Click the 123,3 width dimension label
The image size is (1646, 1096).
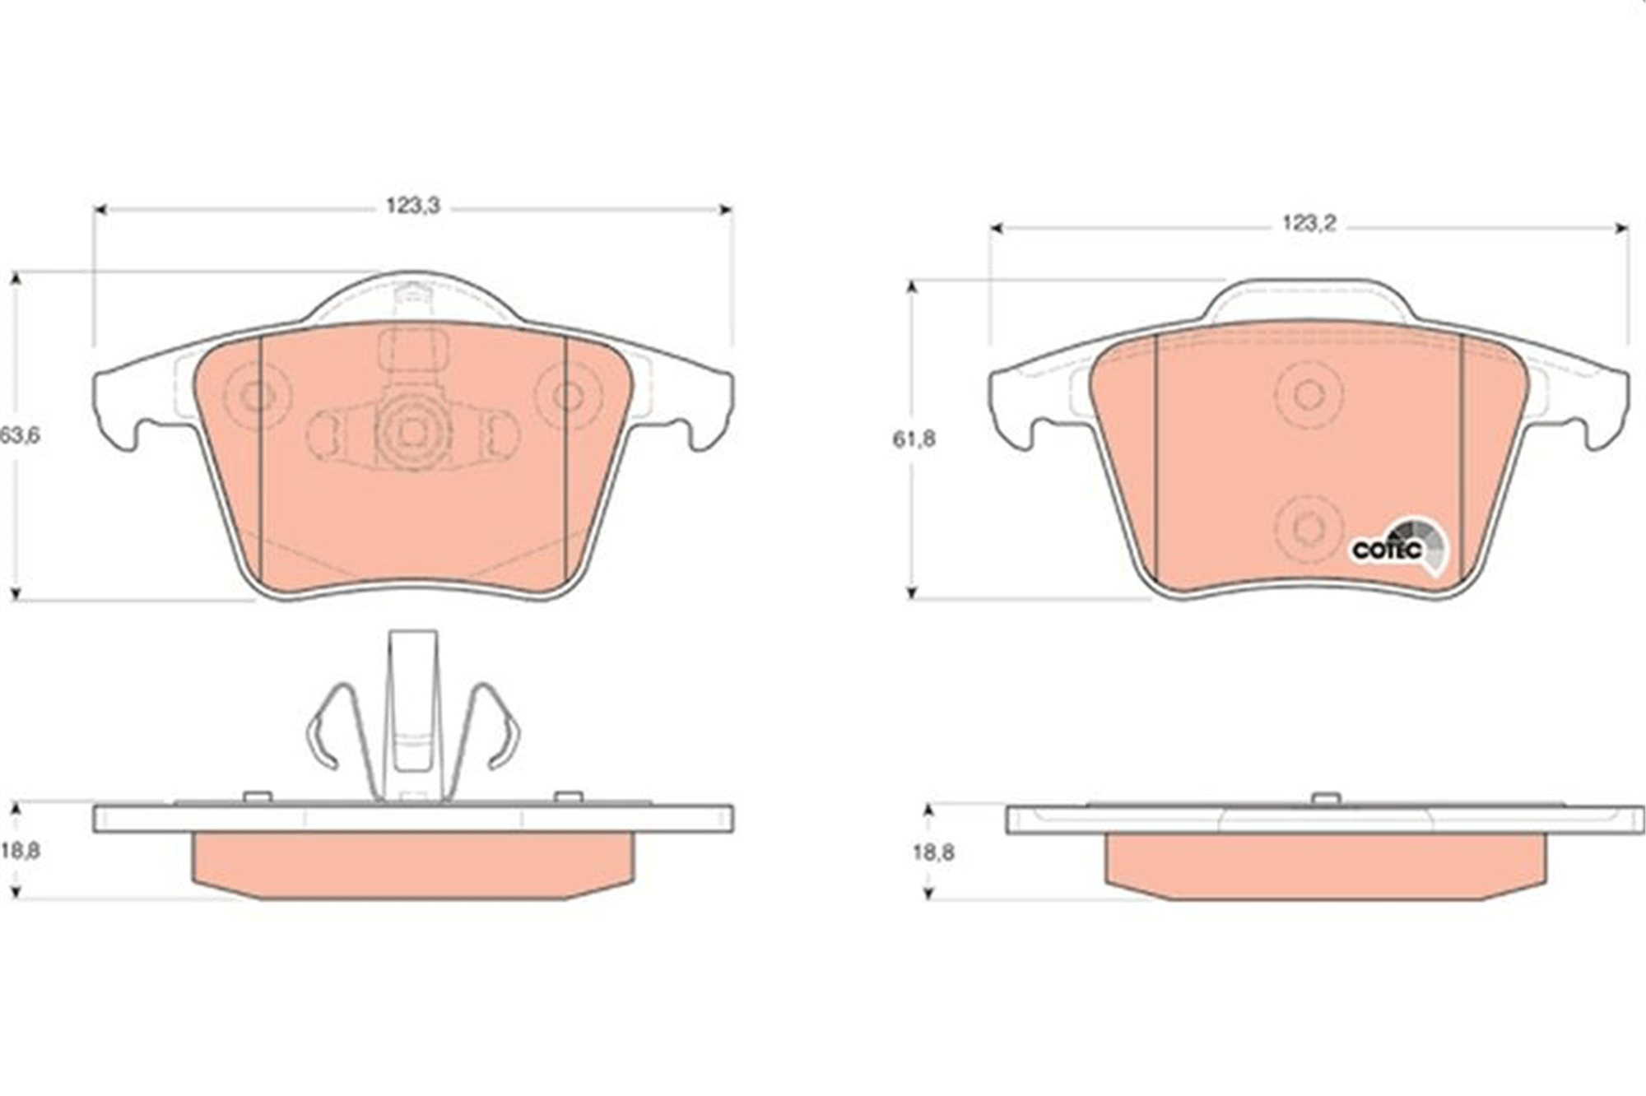click(413, 206)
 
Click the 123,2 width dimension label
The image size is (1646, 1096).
click(1308, 222)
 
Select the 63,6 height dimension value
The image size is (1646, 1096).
click(20, 435)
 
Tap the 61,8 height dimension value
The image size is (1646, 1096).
click(914, 439)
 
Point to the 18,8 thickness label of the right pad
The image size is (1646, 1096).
click(933, 852)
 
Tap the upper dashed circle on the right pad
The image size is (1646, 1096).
click(1309, 395)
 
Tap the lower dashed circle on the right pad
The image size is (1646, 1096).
click(1309, 527)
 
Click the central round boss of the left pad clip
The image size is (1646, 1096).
click(412, 433)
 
